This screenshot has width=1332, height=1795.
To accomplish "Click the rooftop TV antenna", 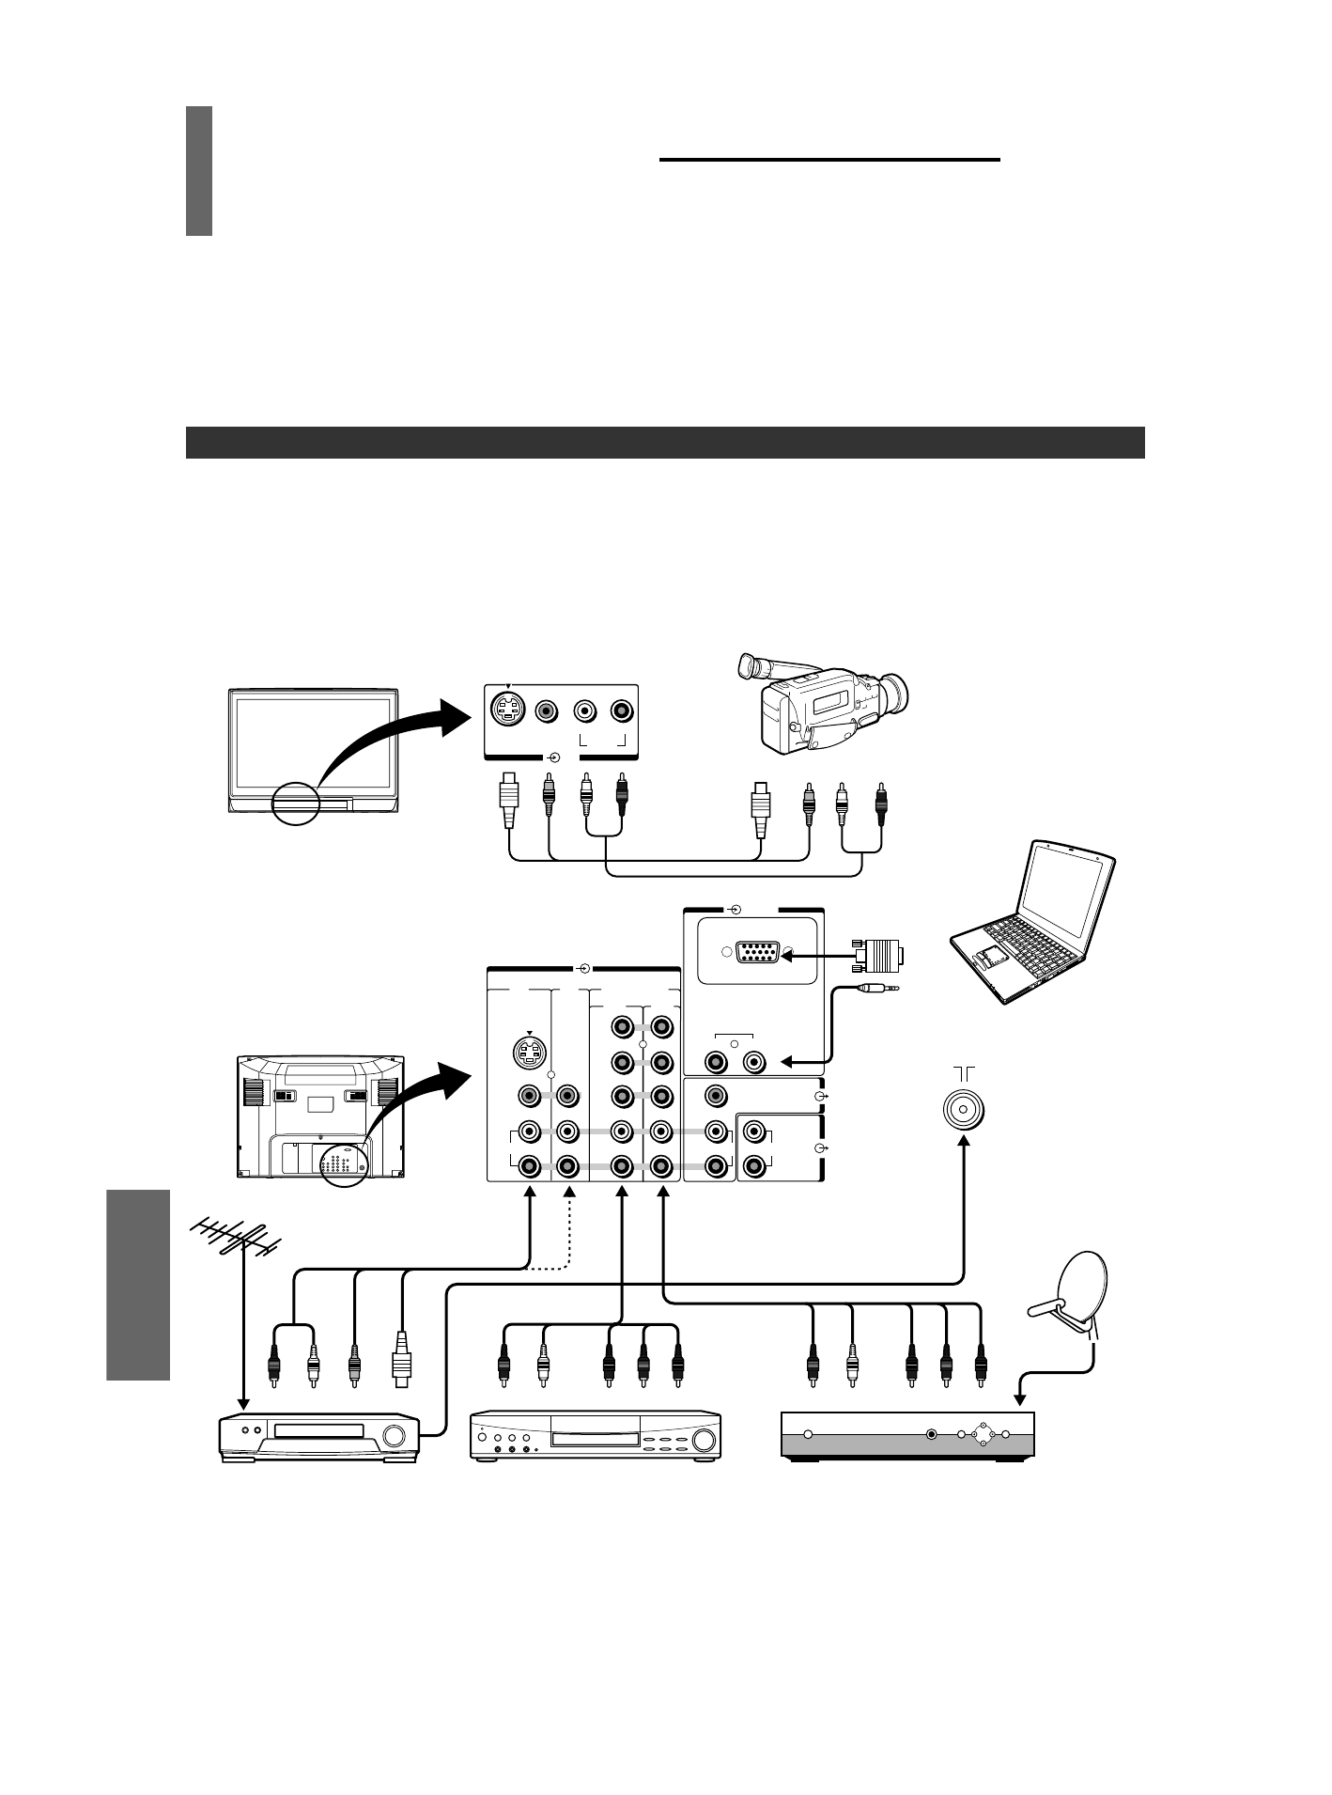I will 235,1240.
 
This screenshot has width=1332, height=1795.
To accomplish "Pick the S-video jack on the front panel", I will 509,710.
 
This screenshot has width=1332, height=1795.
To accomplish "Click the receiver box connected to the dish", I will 907,1435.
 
